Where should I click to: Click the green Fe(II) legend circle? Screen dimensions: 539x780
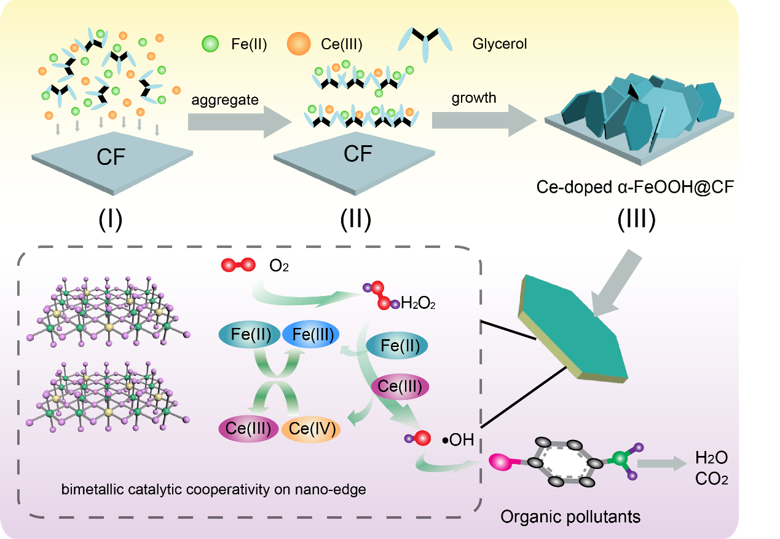pyautogui.click(x=210, y=44)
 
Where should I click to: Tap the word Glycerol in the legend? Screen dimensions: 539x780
pyautogui.click(x=500, y=44)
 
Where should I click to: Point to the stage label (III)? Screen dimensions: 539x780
pyautogui.click(x=636, y=218)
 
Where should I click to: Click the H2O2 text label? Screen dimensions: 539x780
pyautogui.click(x=418, y=303)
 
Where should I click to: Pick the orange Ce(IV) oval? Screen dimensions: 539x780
pyautogui.click(x=312, y=429)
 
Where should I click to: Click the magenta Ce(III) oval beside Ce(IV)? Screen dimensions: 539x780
pyautogui.click(x=249, y=429)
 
